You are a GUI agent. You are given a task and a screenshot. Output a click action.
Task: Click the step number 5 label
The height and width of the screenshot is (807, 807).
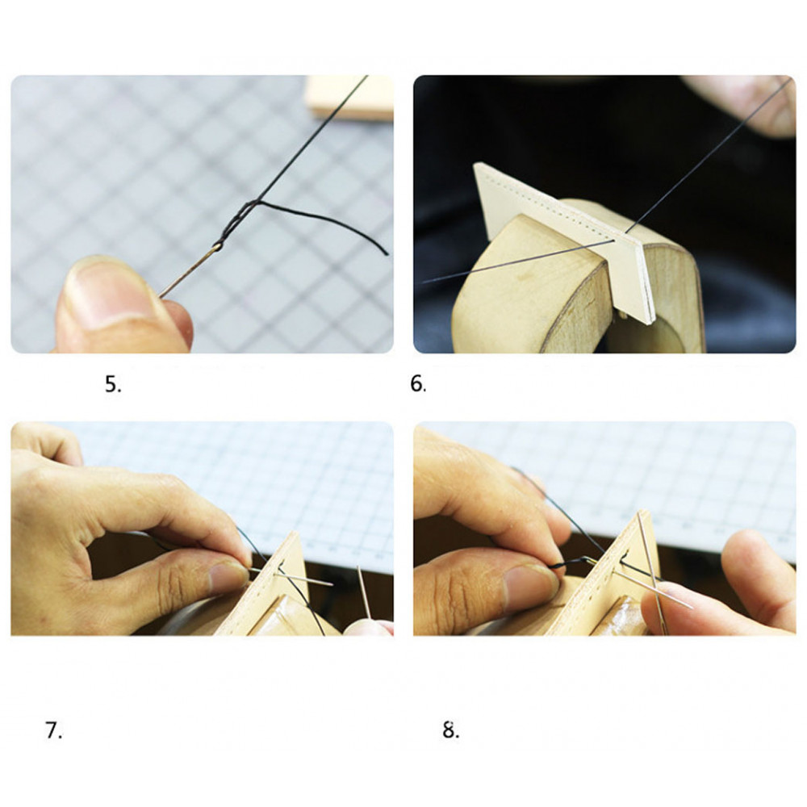click(x=113, y=384)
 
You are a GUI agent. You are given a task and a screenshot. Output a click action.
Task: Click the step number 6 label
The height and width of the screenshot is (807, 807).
click(x=418, y=384)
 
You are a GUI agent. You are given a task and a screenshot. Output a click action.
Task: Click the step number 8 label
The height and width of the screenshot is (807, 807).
click(x=451, y=730)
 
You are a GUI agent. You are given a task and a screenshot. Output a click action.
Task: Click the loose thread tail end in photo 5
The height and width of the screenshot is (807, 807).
click(x=385, y=253)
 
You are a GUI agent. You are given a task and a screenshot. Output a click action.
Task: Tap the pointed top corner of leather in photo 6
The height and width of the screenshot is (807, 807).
click(x=476, y=165)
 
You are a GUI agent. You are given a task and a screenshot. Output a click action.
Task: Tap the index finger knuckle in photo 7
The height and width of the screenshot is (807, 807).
click(x=169, y=491)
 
